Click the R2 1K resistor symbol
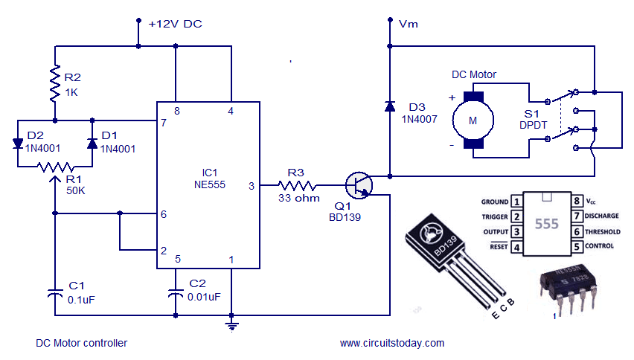coord(54,83)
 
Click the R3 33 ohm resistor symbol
coord(297,185)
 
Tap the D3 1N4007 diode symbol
coord(389,106)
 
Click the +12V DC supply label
coord(175,24)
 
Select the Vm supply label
coord(409,24)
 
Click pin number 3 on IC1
coord(252,186)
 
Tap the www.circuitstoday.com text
coord(391,343)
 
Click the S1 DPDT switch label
coord(533,119)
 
